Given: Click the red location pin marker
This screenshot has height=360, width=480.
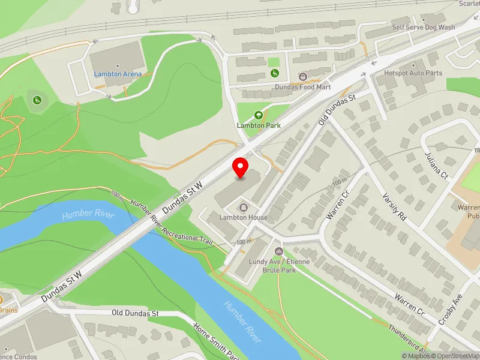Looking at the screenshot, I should [241, 168].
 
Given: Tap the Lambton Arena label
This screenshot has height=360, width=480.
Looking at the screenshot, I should [118, 74].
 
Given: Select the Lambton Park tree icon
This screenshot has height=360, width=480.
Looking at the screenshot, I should [259, 115].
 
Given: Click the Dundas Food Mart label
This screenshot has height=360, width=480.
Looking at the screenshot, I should [302, 87].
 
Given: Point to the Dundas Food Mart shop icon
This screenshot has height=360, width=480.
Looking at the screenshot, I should [302, 76].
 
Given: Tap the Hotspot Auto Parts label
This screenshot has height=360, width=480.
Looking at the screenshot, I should [413, 73].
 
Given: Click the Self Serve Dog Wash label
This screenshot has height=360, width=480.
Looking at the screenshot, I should [423, 28].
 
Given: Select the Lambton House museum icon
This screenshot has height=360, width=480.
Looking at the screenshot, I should [243, 208].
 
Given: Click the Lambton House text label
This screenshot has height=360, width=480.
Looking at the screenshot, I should [243, 217].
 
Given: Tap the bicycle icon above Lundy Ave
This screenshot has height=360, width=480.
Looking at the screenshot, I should [278, 251].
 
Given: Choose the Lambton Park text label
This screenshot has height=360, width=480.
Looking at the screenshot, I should [259, 125].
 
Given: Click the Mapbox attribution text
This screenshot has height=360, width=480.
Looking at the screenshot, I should [415, 356].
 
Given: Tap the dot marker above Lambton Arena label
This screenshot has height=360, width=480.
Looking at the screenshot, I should [118, 65].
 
